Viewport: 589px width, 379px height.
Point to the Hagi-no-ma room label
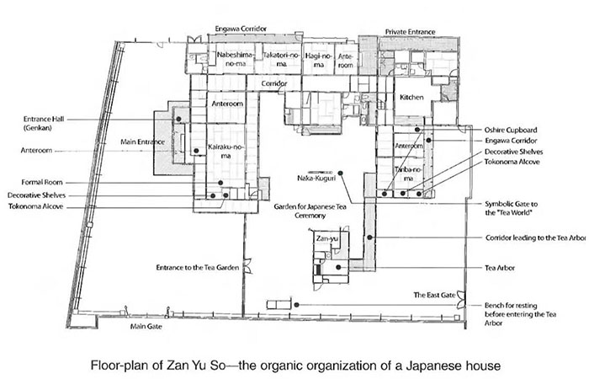(317, 59)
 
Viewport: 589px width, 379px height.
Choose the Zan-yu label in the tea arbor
(326, 238)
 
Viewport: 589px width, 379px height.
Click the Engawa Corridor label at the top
(241, 28)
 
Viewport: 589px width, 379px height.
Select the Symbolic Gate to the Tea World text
(514, 208)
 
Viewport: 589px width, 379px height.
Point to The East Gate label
(432, 295)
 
